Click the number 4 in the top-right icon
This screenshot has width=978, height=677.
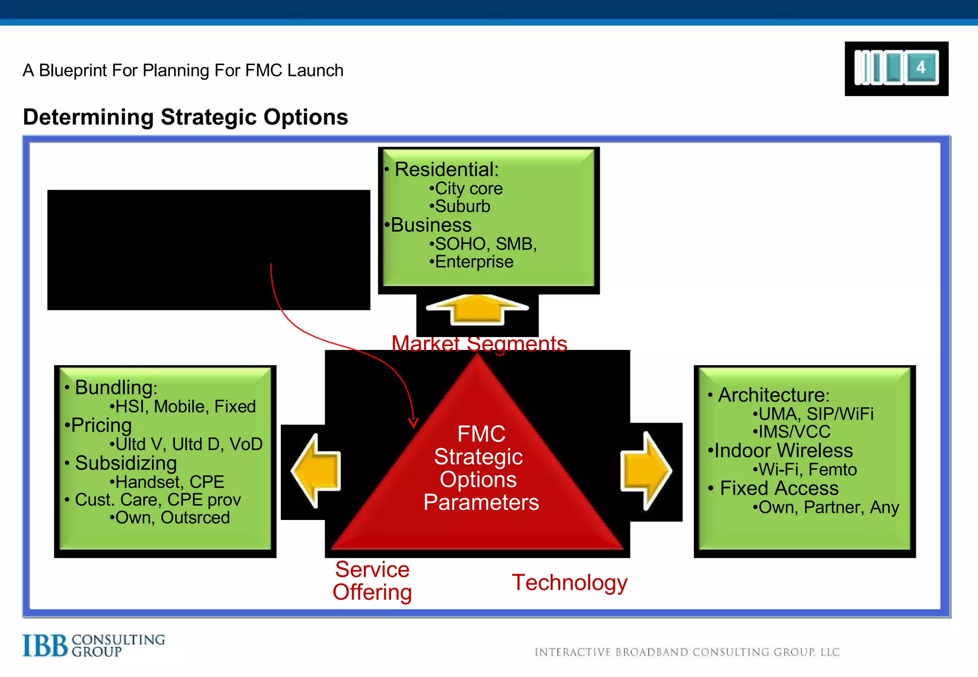921,67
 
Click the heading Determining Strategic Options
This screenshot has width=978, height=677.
185,117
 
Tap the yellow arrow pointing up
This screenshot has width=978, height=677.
477,309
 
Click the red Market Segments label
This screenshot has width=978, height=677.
479,343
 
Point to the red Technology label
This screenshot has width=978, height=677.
569,582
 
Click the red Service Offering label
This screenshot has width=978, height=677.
372,581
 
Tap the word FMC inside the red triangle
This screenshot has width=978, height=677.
481,434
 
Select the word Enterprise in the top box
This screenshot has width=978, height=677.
474,262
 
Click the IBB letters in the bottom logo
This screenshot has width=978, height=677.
45,645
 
